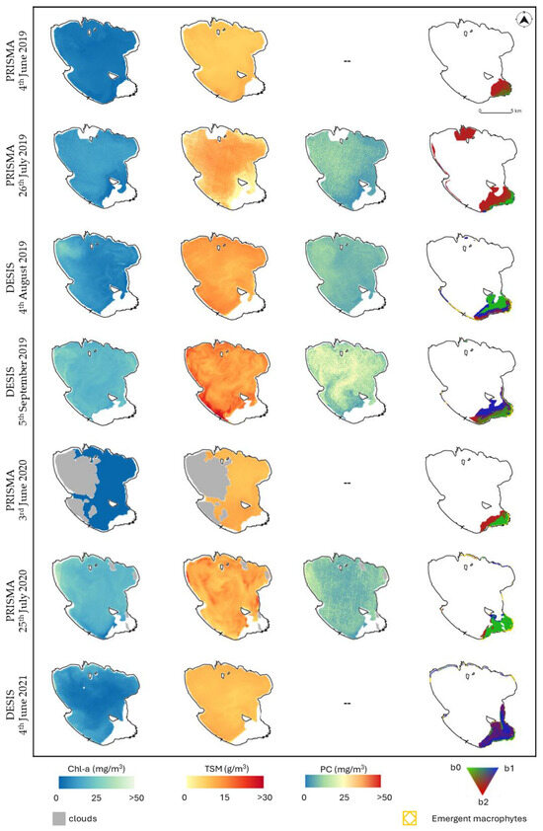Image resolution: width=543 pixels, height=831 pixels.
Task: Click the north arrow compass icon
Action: [x=520, y=17]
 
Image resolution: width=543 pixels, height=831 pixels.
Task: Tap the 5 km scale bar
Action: [x=495, y=111]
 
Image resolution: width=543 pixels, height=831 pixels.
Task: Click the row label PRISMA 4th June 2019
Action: [x=23, y=60]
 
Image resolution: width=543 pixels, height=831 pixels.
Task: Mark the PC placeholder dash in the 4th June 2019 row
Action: [x=348, y=62]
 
